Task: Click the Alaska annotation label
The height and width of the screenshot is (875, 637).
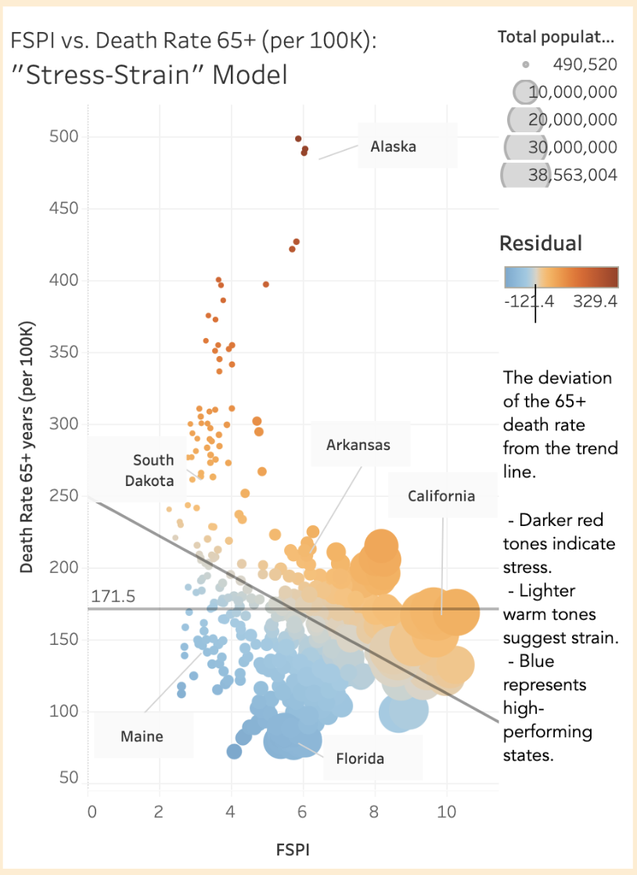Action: point(394,146)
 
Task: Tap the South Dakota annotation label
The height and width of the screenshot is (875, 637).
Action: point(153,470)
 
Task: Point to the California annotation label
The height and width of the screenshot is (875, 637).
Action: point(441,496)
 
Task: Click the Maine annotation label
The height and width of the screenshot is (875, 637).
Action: point(142,736)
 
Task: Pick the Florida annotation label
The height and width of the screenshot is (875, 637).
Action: point(360,758)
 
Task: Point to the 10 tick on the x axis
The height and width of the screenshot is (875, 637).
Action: point(446,810)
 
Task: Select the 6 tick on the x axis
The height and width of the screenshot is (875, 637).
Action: point(303,810)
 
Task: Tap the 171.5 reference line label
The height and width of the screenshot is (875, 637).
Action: point(109,597)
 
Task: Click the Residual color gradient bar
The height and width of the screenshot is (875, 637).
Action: point(561,277)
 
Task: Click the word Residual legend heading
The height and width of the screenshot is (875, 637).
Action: point(541,243)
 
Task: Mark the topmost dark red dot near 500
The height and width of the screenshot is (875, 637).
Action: point(298,139)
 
